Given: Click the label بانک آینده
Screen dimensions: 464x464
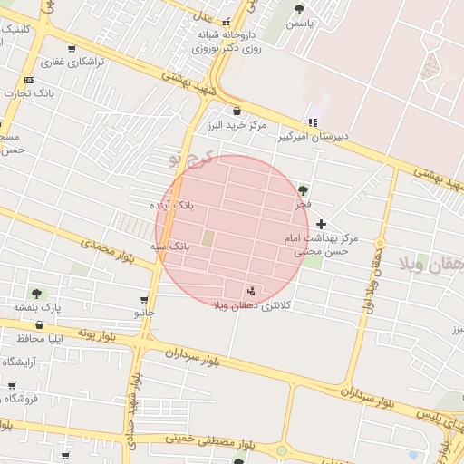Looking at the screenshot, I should click(172, 206).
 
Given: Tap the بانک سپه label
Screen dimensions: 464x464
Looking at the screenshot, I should click(169, 246).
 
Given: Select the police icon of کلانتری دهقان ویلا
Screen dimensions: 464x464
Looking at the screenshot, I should click(250, 290).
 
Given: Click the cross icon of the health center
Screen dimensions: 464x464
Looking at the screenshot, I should click(322, 223).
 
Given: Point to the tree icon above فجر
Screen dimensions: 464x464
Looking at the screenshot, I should click(303, 190).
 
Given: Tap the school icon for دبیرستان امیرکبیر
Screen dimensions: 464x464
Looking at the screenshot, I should click(313, 122).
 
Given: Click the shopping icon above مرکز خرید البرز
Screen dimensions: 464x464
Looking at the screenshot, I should click(237, 111).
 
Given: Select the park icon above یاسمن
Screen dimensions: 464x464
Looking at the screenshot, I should click(300, 9).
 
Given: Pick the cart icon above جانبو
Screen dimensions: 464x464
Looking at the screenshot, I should click(145, 299).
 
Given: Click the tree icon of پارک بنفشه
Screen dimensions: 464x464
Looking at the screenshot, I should click(37, 293).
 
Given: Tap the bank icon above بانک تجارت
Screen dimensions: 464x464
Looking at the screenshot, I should click(30, 80).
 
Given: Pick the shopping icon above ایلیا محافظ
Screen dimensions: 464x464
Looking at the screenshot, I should click(40, 324).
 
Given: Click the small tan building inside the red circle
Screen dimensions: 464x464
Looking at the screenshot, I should click(208, 238).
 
